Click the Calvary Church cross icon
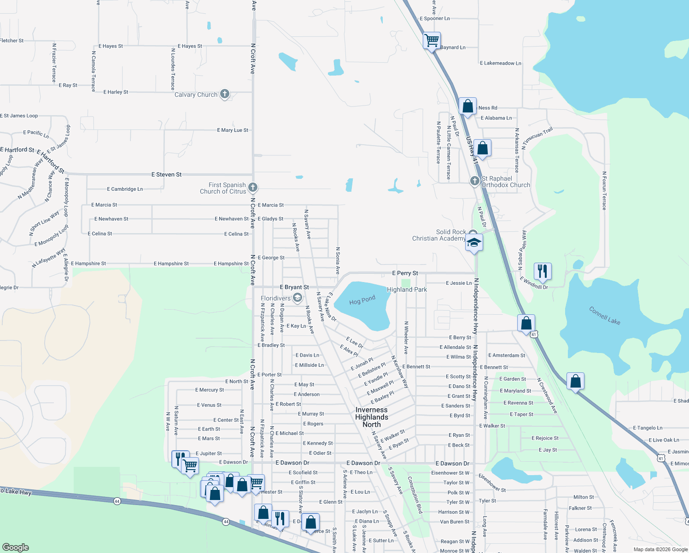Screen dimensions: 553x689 click(225, 94)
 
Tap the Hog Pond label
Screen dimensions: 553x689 click(362, 300)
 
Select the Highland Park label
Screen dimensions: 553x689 click(407, 289)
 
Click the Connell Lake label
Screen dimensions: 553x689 click(605, 316)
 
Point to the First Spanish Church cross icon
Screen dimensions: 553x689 click(252, 187)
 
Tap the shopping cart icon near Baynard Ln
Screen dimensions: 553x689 click(432, 41)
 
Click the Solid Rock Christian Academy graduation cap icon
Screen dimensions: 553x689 click(474, 242)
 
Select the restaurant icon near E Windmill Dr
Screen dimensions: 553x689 click(542, 271)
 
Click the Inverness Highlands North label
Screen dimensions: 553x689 click(372, 417)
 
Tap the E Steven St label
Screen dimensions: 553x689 click(166, 175)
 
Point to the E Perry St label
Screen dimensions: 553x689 click(405, 273)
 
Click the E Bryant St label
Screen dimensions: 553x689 click(294, 287)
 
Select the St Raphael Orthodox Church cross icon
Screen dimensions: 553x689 click(474, 181)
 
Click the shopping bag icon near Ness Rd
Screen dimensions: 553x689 click(467, 106)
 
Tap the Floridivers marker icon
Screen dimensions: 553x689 click(297, 298)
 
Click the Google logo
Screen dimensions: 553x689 click(15, 547)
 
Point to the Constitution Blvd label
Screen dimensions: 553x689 click(415, 495)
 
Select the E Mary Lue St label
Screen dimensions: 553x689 click(233, 130)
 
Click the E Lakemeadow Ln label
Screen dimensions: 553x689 click(500, 63)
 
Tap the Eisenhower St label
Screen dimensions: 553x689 click(492, 482)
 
